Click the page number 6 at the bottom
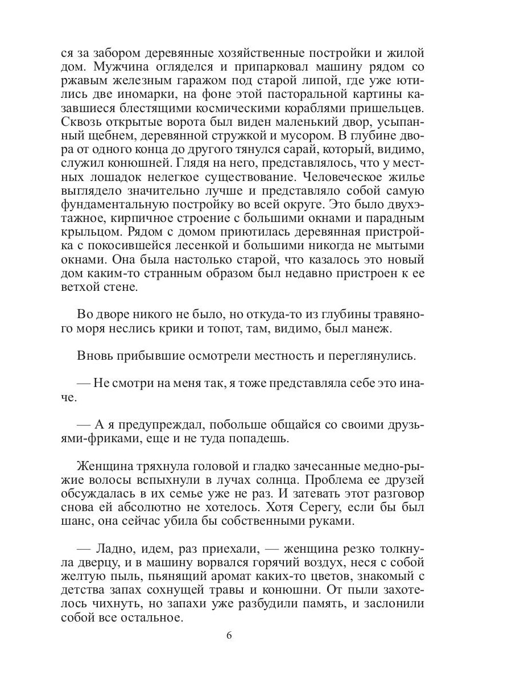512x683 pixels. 229,637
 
